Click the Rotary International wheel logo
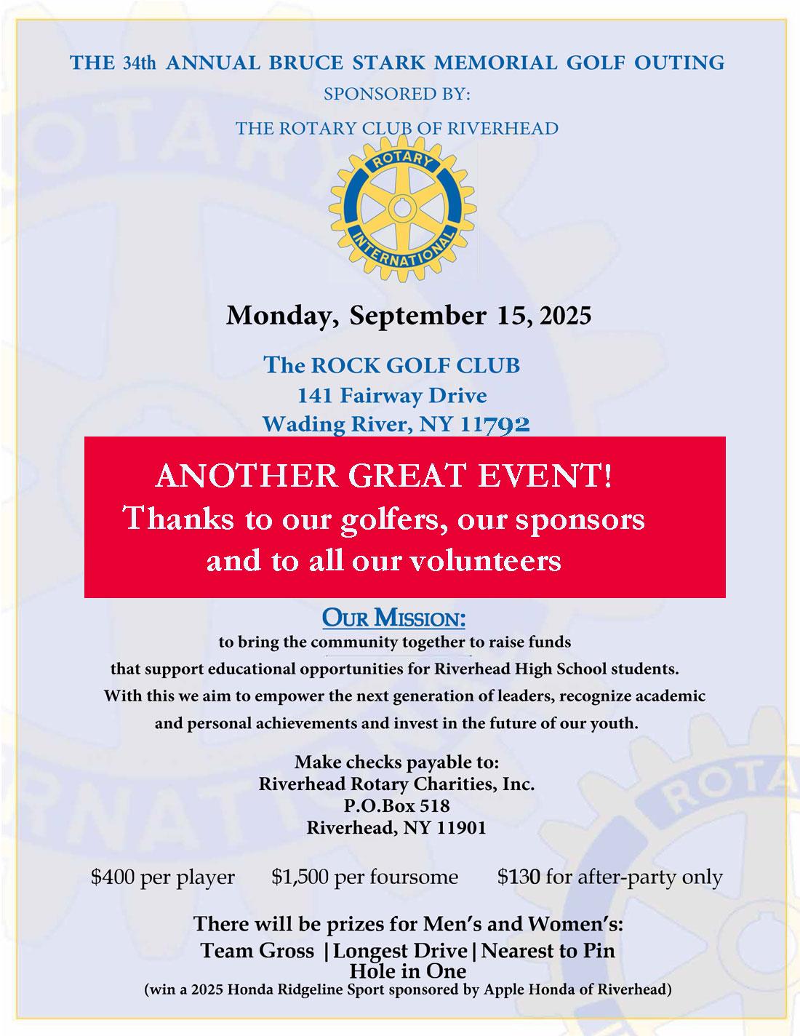(x=396, y=209)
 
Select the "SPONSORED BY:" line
(x=397, y=95)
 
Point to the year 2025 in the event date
(x=566, y=316)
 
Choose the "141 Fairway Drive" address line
(x=392, y=396)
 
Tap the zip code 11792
(x=495, y=424)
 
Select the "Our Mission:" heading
(x=393, y=619)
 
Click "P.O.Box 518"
(x=396, y=806)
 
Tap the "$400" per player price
(x=112, y=877)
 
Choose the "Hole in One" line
(x=407, y=971)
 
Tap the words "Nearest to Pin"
(x=548, y=951)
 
